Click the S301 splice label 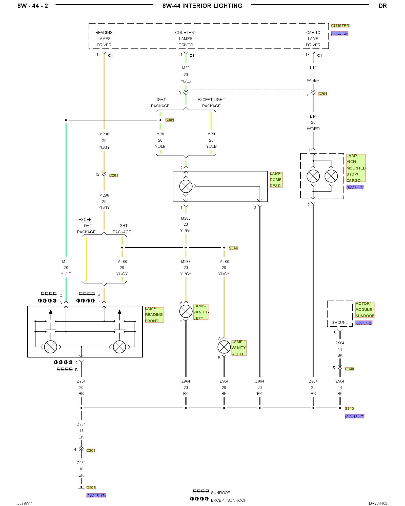point(170,120)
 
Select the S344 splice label point(233,248)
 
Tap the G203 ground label point(91,488)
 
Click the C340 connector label point(350,369)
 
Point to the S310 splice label point(349,408)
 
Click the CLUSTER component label point(340,26)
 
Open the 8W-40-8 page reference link point(340,34)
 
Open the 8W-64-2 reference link point(364,323)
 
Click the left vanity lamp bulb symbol point(186,311)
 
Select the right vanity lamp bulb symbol point(224,347)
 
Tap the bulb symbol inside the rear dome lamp point(186,186)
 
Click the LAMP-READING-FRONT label point(154,315)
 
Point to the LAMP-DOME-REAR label point(276,180)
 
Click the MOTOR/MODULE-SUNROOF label point(364,310)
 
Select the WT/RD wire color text point(313,129)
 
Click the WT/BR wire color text point(313,80)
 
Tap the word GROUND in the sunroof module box point(340,322)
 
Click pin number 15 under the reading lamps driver point(98,55)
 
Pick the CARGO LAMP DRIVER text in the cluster point(313,39)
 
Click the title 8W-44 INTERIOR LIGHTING point(202,6)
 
